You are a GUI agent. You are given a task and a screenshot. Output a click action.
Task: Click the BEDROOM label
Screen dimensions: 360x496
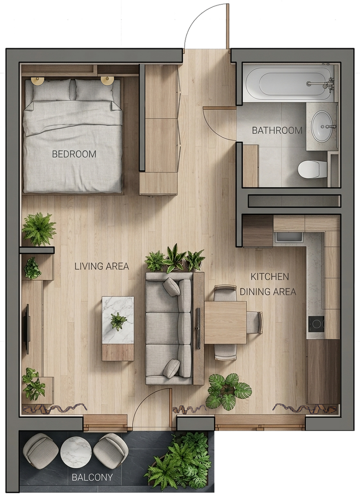pyautogui.click(x=74, y=154)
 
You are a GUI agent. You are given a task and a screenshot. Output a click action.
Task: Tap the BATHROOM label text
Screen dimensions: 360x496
pyautogui.click(x=277, y=130)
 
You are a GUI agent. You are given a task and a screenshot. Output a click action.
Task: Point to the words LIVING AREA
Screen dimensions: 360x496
pyautogui.click(x=101, y=267)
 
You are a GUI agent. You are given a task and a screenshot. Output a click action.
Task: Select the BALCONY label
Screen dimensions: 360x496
pyautogui.click(x=92, y=477)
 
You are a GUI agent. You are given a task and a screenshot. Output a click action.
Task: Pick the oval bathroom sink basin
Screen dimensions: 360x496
pyautogui.click(x=322, y=127)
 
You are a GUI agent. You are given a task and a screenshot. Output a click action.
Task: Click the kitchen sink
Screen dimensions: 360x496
pyautogui.click(x=288, y=237)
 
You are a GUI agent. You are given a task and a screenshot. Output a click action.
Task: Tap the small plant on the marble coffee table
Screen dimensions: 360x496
pyautogui.click(x=118, y=322)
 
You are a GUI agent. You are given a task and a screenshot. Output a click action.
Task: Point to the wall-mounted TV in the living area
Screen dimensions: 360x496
pyautogui.click(x=27, y=329)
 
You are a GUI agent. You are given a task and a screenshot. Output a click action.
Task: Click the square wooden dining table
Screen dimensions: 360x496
pyautogui.click(x=225, y=322)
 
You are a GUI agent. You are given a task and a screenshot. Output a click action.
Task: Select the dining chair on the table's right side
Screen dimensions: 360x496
pyautogui.click(x=254, y=322)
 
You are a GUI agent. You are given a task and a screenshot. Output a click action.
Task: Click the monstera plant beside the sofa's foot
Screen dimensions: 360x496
pyautogui.click(x=229, y=391)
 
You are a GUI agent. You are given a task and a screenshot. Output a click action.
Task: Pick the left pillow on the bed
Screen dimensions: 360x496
pyautogui.click(x=51, y=89)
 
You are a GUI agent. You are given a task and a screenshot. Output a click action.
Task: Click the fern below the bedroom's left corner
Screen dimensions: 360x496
pyautogui.click(x=39, y=229)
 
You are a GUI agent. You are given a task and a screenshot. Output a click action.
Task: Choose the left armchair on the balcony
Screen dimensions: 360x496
pyautogui.click(x=41, y=451)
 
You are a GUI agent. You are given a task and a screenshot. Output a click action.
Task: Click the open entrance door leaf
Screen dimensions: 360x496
pyautogui.click(x=228, y=26)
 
